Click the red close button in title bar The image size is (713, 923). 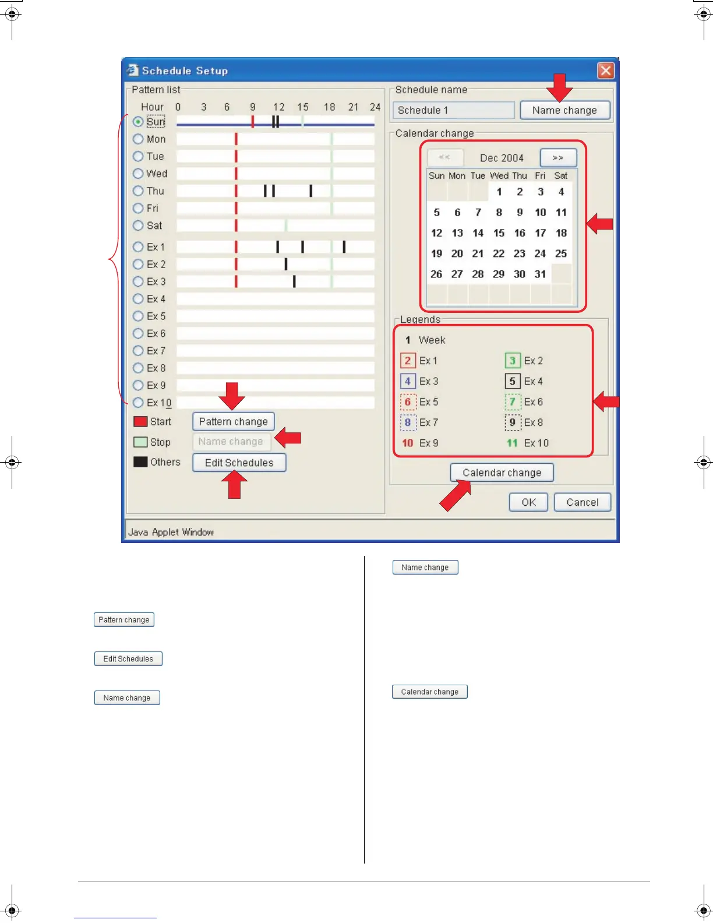pos(606,71)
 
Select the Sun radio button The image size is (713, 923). pos(138,122)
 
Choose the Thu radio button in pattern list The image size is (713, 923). pos(138,191)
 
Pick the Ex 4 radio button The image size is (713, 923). pos(138,299)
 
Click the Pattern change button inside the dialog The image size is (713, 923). pos(233,421)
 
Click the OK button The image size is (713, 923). pos(528,502)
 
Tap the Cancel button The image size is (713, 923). pos(582,502)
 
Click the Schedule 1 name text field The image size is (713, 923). pos(453,110)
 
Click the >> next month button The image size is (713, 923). pos(558,158)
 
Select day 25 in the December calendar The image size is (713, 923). pos(561,253)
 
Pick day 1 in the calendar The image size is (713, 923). pos(499,192)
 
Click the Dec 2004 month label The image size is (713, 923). pos(502,158)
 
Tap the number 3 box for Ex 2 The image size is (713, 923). pos(512,361)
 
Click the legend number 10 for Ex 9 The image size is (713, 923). pos(407,443)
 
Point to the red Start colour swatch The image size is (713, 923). pos(140,421)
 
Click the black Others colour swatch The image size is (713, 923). pos(140,462)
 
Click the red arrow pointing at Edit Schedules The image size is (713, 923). pos(234,485)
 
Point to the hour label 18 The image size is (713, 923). pos(329,107)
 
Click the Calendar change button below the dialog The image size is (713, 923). pos(429,692)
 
